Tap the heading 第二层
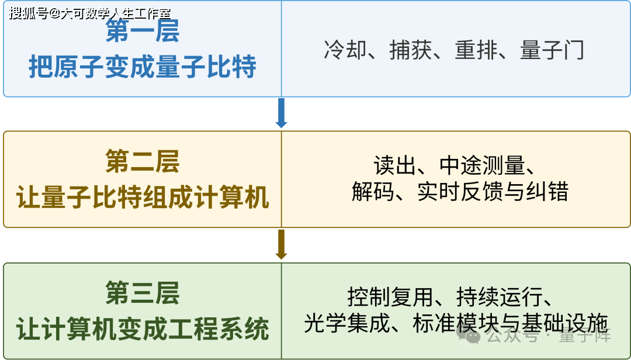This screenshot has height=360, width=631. coord(142,161)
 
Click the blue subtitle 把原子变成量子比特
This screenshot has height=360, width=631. coord(142,67)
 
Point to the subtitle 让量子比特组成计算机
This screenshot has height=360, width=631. coord(142,198)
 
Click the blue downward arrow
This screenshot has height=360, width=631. coord(281,113)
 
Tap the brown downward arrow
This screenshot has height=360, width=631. coord(281,244)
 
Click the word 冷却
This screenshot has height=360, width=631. coord(345,50)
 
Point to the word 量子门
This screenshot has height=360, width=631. coord(552,50)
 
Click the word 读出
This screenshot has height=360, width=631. coord(395,165)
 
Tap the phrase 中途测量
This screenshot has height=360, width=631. coord(482,165)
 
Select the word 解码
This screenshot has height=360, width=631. coord(373,191)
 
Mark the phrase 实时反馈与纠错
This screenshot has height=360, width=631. coord(493,191)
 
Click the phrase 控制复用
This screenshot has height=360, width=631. coord(390,297)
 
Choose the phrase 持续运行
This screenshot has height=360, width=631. coord(499,297)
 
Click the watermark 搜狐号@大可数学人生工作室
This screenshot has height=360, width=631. coord(90,13)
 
